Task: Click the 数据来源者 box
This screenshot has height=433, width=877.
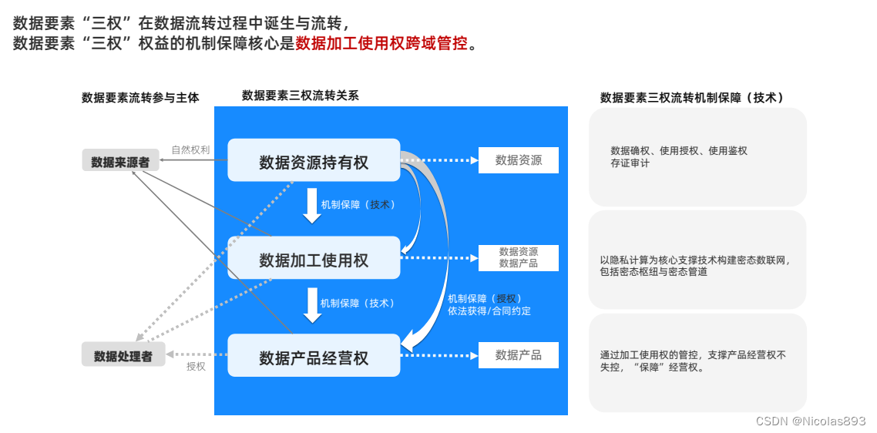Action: pyautogui.click(x=120, y=162)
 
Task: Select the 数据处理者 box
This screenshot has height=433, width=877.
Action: pyautogui.click(x=123, y=355)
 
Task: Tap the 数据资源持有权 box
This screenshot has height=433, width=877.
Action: pyautogui.click(x=314, y=162)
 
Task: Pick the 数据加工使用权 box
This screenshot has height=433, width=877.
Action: pyautogui.click(x=314, y=259)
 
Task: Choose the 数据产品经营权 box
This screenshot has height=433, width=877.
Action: pyautogui.click(x=314, y=357)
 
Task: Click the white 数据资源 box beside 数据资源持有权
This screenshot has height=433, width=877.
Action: pyautogui.click(x=518, y=160)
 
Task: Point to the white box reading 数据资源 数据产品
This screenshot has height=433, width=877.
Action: pyautogui.click(x=518, y=257)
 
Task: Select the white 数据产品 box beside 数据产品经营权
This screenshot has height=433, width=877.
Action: pyautogui.click(x=518, y=355)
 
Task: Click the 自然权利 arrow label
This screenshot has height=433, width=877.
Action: pyautogui.click(x=190, y=149)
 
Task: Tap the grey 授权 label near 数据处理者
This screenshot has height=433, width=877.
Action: pyautogui.click(x=196, y=367)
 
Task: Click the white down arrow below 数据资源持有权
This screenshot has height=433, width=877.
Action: pyautogui.click(x=311, y=206)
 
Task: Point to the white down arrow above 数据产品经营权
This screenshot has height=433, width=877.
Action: pyautogui.click(x=311, y=304)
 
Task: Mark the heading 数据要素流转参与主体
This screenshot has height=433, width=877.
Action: pyautogui.click(x=140, y=98)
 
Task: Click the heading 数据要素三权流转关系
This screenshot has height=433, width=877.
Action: pyautogui.click(x=300, y=96)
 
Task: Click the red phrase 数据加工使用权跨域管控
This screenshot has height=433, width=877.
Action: pyautogui.click(x=381, y=43)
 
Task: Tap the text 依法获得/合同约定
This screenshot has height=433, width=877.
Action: pyautogui.click(x=489, y=311)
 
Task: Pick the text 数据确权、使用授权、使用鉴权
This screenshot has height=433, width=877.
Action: pyautogui.click(x=678, y=151)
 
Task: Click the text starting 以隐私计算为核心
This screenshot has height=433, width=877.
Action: pyautogui.click(x=694, y=260)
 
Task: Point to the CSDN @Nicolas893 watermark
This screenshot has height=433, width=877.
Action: pyautogui.click(x=811, y=421)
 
